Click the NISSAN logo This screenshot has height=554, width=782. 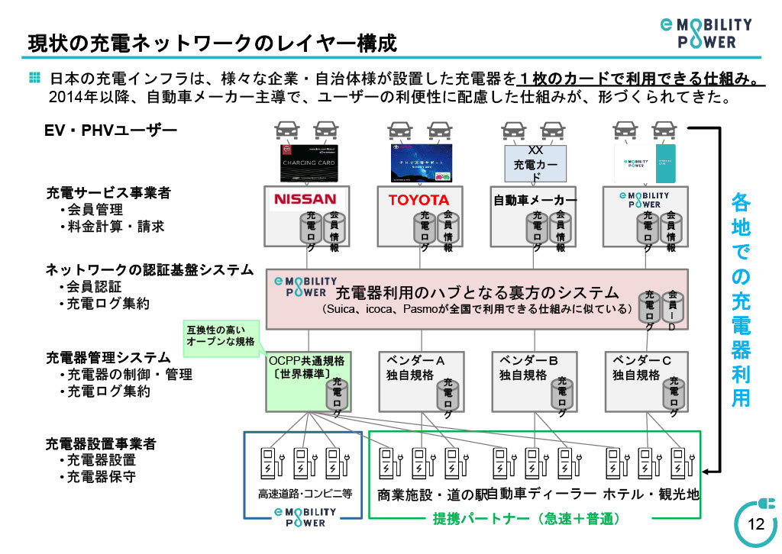coord(305,199)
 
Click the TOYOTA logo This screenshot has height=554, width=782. coord(418,200)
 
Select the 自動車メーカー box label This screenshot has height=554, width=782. coord(535,201)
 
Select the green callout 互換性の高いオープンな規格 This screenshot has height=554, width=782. coord(220,337)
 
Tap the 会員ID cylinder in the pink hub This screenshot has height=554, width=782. coord(672,309)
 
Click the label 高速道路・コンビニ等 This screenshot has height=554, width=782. coord(304,494)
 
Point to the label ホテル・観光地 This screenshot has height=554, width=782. coord(651,494)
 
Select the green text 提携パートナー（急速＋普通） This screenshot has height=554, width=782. coord(526,519)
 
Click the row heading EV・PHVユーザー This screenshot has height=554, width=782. coord(111,131)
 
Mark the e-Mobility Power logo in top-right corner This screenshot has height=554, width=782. coord(706,33)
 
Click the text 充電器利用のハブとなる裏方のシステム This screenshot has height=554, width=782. coord(477,292)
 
